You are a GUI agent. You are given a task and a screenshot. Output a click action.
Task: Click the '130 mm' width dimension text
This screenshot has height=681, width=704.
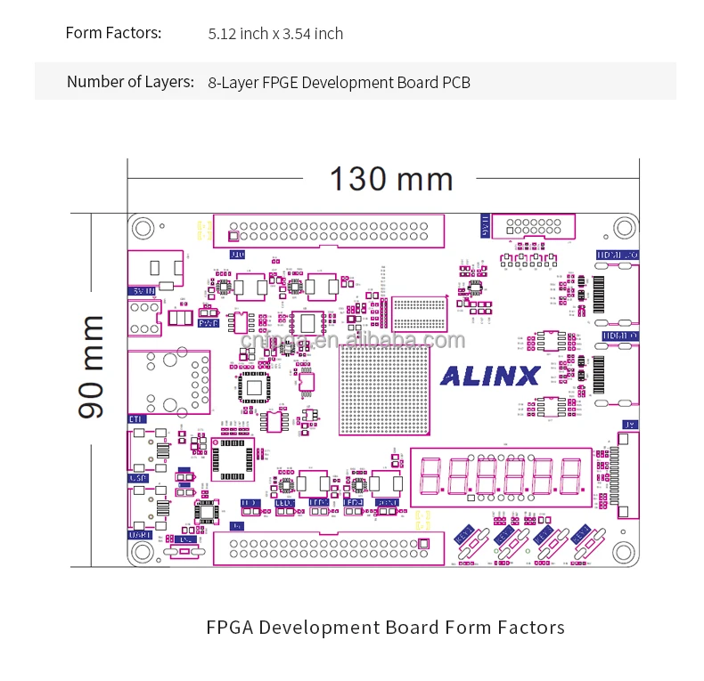391,179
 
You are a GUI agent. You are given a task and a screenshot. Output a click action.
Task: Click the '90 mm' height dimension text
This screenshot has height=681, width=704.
92,366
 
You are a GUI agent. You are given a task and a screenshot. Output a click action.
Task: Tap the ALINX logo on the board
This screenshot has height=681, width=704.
490,376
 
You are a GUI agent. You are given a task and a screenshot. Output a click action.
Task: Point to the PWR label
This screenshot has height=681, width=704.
209,324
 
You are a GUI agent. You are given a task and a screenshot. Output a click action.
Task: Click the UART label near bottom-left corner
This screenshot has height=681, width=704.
140,535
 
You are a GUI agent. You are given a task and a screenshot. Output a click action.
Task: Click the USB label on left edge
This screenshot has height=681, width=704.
138,478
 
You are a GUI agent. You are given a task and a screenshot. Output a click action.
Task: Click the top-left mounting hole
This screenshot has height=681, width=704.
143,228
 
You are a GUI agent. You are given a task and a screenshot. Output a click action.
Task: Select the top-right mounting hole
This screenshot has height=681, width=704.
624,228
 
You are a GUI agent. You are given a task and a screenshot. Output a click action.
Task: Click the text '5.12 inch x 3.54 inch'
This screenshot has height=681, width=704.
275,34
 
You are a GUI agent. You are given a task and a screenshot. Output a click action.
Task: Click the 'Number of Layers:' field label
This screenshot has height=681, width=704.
130,82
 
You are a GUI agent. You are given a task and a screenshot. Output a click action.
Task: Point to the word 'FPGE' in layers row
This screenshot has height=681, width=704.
282,83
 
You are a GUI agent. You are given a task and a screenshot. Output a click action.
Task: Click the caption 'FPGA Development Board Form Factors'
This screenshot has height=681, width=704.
385,628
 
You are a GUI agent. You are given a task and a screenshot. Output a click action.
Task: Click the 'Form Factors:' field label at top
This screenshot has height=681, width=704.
113,33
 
